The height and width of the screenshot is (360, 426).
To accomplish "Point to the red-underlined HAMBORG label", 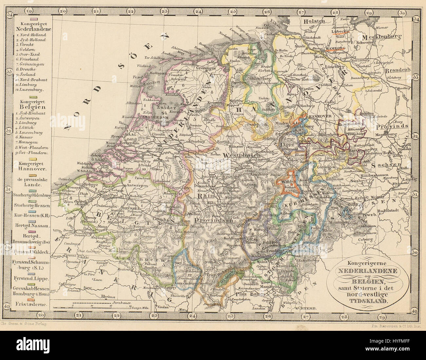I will [336, 48].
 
